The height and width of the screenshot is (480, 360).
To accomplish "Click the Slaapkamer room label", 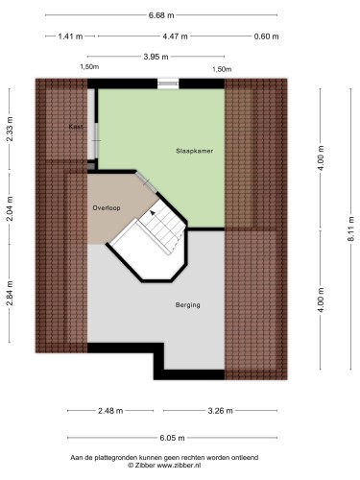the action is tap(195, 151).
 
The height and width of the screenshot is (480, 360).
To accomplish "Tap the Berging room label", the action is tap(188, 305).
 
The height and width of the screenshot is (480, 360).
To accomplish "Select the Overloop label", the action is tap(107, 208).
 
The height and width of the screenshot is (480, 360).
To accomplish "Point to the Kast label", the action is tap(76, 127).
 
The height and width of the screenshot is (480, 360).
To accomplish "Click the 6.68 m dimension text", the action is tap(161, 15).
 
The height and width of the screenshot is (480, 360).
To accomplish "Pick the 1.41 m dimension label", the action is tap(70, 36).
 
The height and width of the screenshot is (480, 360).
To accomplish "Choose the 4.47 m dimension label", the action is tap(175, 36).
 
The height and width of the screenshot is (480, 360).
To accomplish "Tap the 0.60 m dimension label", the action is tap(266, 36).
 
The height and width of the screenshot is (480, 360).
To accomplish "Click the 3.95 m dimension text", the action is tap(156, 57).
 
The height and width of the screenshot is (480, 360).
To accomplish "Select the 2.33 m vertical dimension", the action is tap(11, 129).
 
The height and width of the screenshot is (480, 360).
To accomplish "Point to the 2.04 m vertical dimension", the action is tap(11, 208).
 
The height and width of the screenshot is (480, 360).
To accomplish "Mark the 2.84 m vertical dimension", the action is tap(11, 294).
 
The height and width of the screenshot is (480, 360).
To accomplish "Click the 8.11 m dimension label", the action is tap(351, 229).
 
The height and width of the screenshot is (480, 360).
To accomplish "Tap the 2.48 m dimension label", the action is tap(110, 411).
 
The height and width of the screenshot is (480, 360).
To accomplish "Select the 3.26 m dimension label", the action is tap(220, 411).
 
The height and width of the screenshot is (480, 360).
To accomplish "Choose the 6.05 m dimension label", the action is tap(172, 438).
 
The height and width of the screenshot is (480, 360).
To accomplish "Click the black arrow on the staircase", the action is tap(153, 212).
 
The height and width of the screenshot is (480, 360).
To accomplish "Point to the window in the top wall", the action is tap(168, 84).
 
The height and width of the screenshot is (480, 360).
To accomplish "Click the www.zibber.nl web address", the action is tap(179, 466).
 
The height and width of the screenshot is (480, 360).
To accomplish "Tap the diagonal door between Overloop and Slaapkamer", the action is tap(146, 182).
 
